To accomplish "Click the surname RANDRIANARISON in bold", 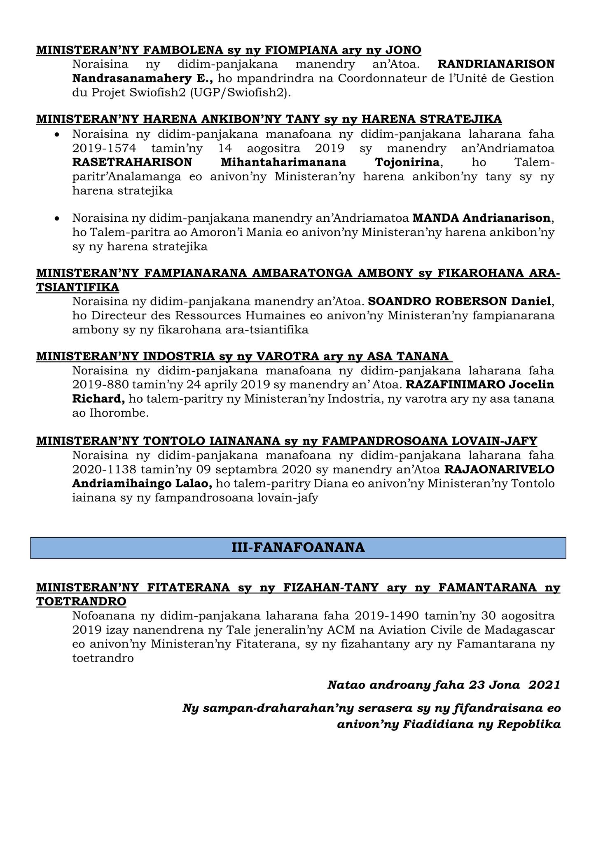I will tap(496, 64).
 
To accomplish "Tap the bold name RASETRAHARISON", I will tap(132, 162).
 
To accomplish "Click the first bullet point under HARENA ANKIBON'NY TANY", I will tap(58, 135).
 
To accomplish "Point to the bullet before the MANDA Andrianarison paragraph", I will tap(58, 218).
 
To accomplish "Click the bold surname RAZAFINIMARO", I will tap(456, 385).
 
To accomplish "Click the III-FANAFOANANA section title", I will tap(298, 547).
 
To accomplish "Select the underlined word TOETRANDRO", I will tap(81, 601).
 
